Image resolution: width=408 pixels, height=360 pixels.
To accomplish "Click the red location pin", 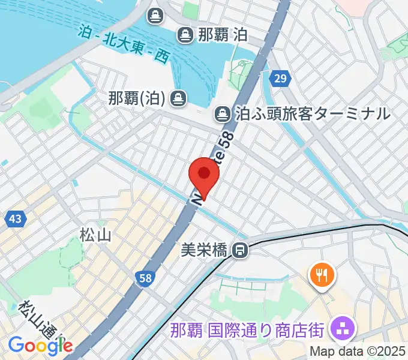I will pos(204,175).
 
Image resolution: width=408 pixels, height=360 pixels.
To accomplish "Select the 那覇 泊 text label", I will pos(221,35).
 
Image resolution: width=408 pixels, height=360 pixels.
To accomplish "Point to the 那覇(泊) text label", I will pos(137,97).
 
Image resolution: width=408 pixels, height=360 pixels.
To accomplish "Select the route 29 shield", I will pos(280,78).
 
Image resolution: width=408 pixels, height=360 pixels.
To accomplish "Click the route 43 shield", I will pos(16,219).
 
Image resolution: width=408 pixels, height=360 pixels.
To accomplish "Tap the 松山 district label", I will pos(95,235).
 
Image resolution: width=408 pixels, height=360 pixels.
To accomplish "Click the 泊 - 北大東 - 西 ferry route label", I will pos(124,44).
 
